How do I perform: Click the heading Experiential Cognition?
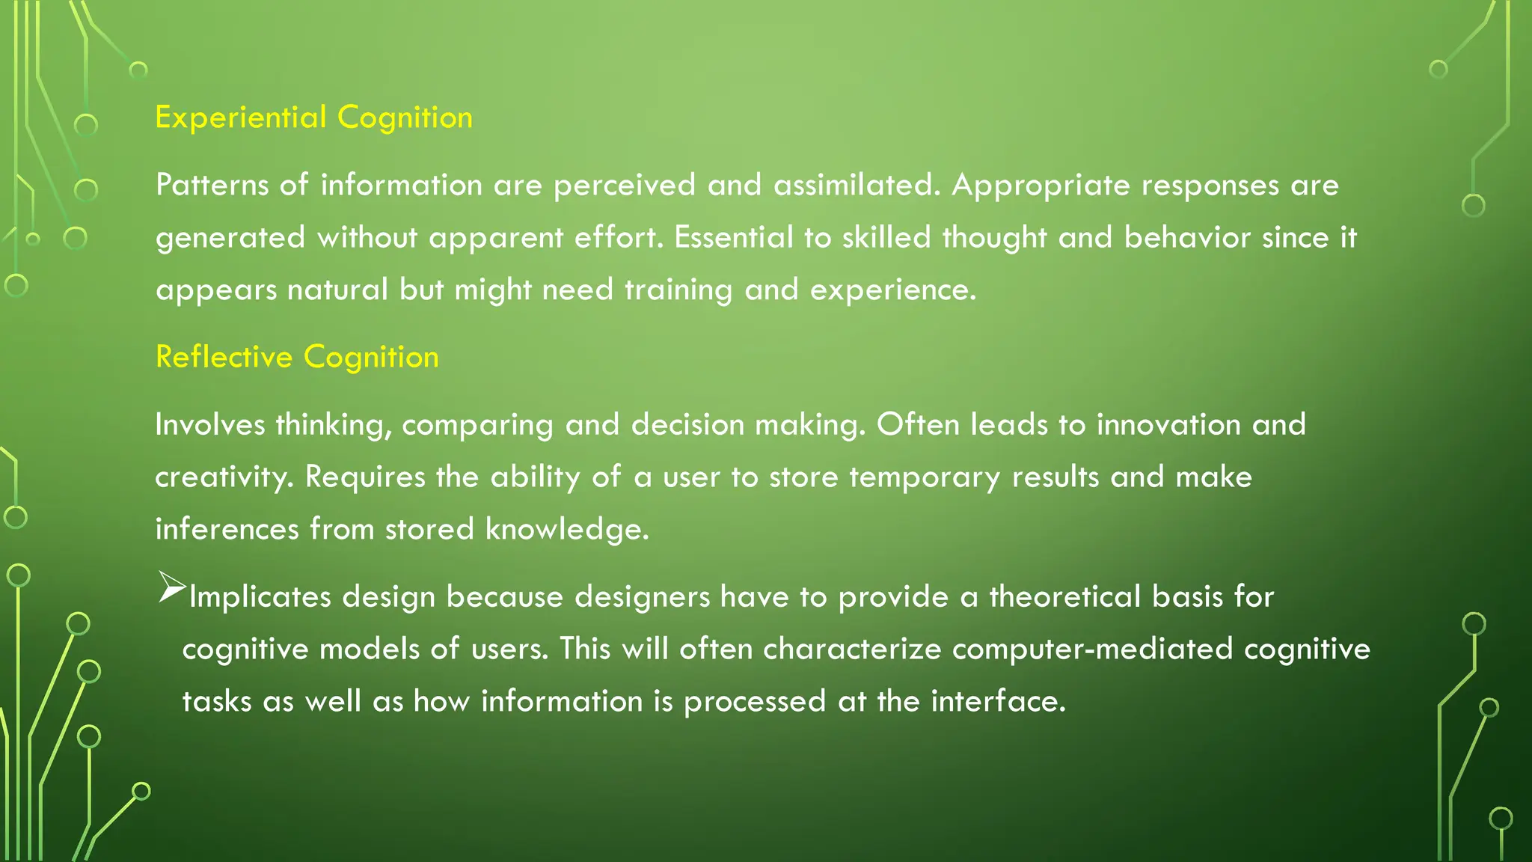click(313, 118)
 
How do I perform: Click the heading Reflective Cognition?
click(297, 358)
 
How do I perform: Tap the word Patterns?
click(212, 185)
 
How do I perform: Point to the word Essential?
click(733, 237)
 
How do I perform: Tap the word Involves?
click(210, 425)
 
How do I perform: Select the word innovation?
click(1168, 425)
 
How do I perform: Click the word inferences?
click(227, 529)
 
